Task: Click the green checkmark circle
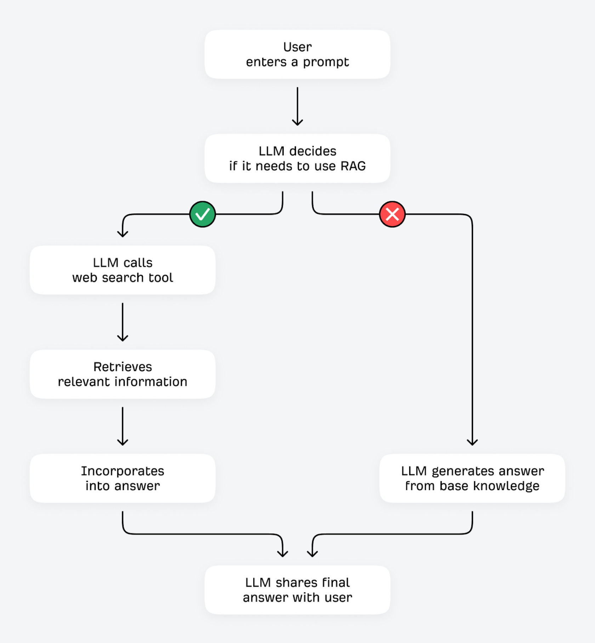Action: click(x=202, y=214)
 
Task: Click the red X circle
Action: click(x=392, y=214)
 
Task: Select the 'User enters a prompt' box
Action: click(x=297, y=54)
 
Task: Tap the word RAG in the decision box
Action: click(x=353, y=166)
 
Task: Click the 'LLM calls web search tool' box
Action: click(x=123, y=270)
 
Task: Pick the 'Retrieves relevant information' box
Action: click(x=123, y=374)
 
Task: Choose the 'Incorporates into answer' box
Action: click(x=123, y=478)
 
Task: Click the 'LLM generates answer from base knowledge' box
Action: click(x=472, y=478)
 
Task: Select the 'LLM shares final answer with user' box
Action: click(x=297, y=590)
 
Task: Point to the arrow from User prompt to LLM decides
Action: click(x=297, y=106)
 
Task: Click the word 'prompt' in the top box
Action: click(x=326, y=62)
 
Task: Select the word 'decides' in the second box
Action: click(x=313, y=151)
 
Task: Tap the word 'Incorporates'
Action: click(x=123, y=471)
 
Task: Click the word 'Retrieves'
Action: click(x=123, y=367)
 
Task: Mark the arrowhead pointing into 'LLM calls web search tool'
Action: click(x=123, y=234)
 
